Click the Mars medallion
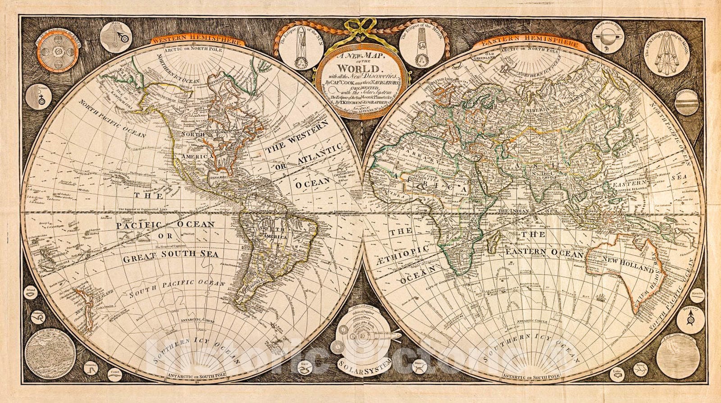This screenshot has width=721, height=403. [x=116, y=38]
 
